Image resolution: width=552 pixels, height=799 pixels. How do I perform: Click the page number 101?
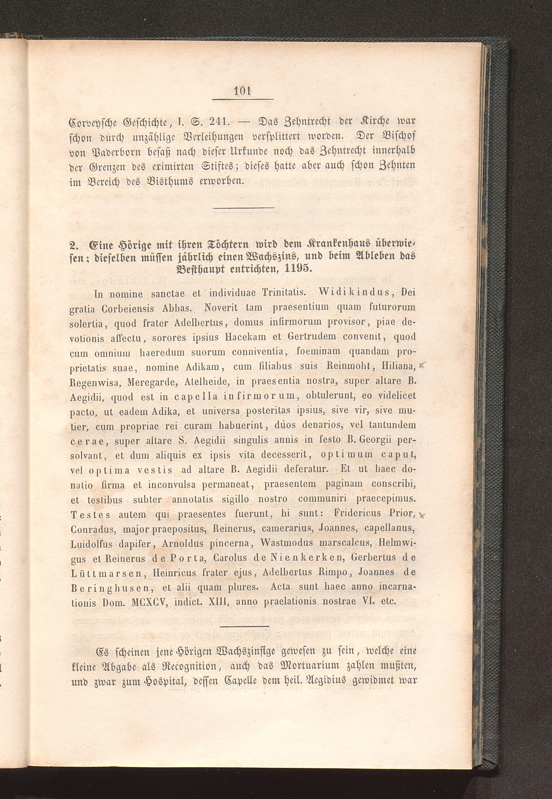243,91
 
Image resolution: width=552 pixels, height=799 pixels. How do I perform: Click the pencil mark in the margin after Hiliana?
421,365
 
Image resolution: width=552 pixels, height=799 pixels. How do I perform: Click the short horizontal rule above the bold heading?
243,208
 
